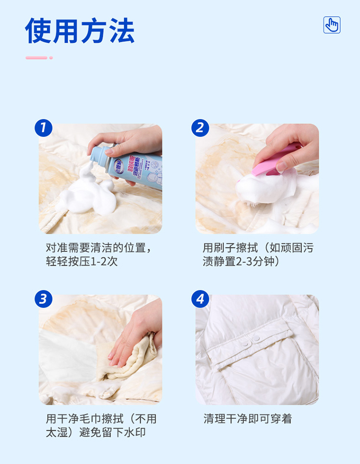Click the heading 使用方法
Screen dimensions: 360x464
coord(80,30)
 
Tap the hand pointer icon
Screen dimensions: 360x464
coord(332,25)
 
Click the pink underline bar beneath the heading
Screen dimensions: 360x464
coord(36,58)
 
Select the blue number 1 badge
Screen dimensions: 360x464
coord(44,128)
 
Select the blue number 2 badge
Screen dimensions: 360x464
coord(200,128)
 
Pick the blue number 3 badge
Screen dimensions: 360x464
coord(44,299)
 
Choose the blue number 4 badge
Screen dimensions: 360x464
coord(200,299)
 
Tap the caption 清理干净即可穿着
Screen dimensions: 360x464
coord(248,419)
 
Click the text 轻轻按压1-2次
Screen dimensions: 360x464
coord(82,261)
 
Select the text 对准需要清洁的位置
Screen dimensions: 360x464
coord(96,248)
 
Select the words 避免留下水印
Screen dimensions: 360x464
coord(112,432)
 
